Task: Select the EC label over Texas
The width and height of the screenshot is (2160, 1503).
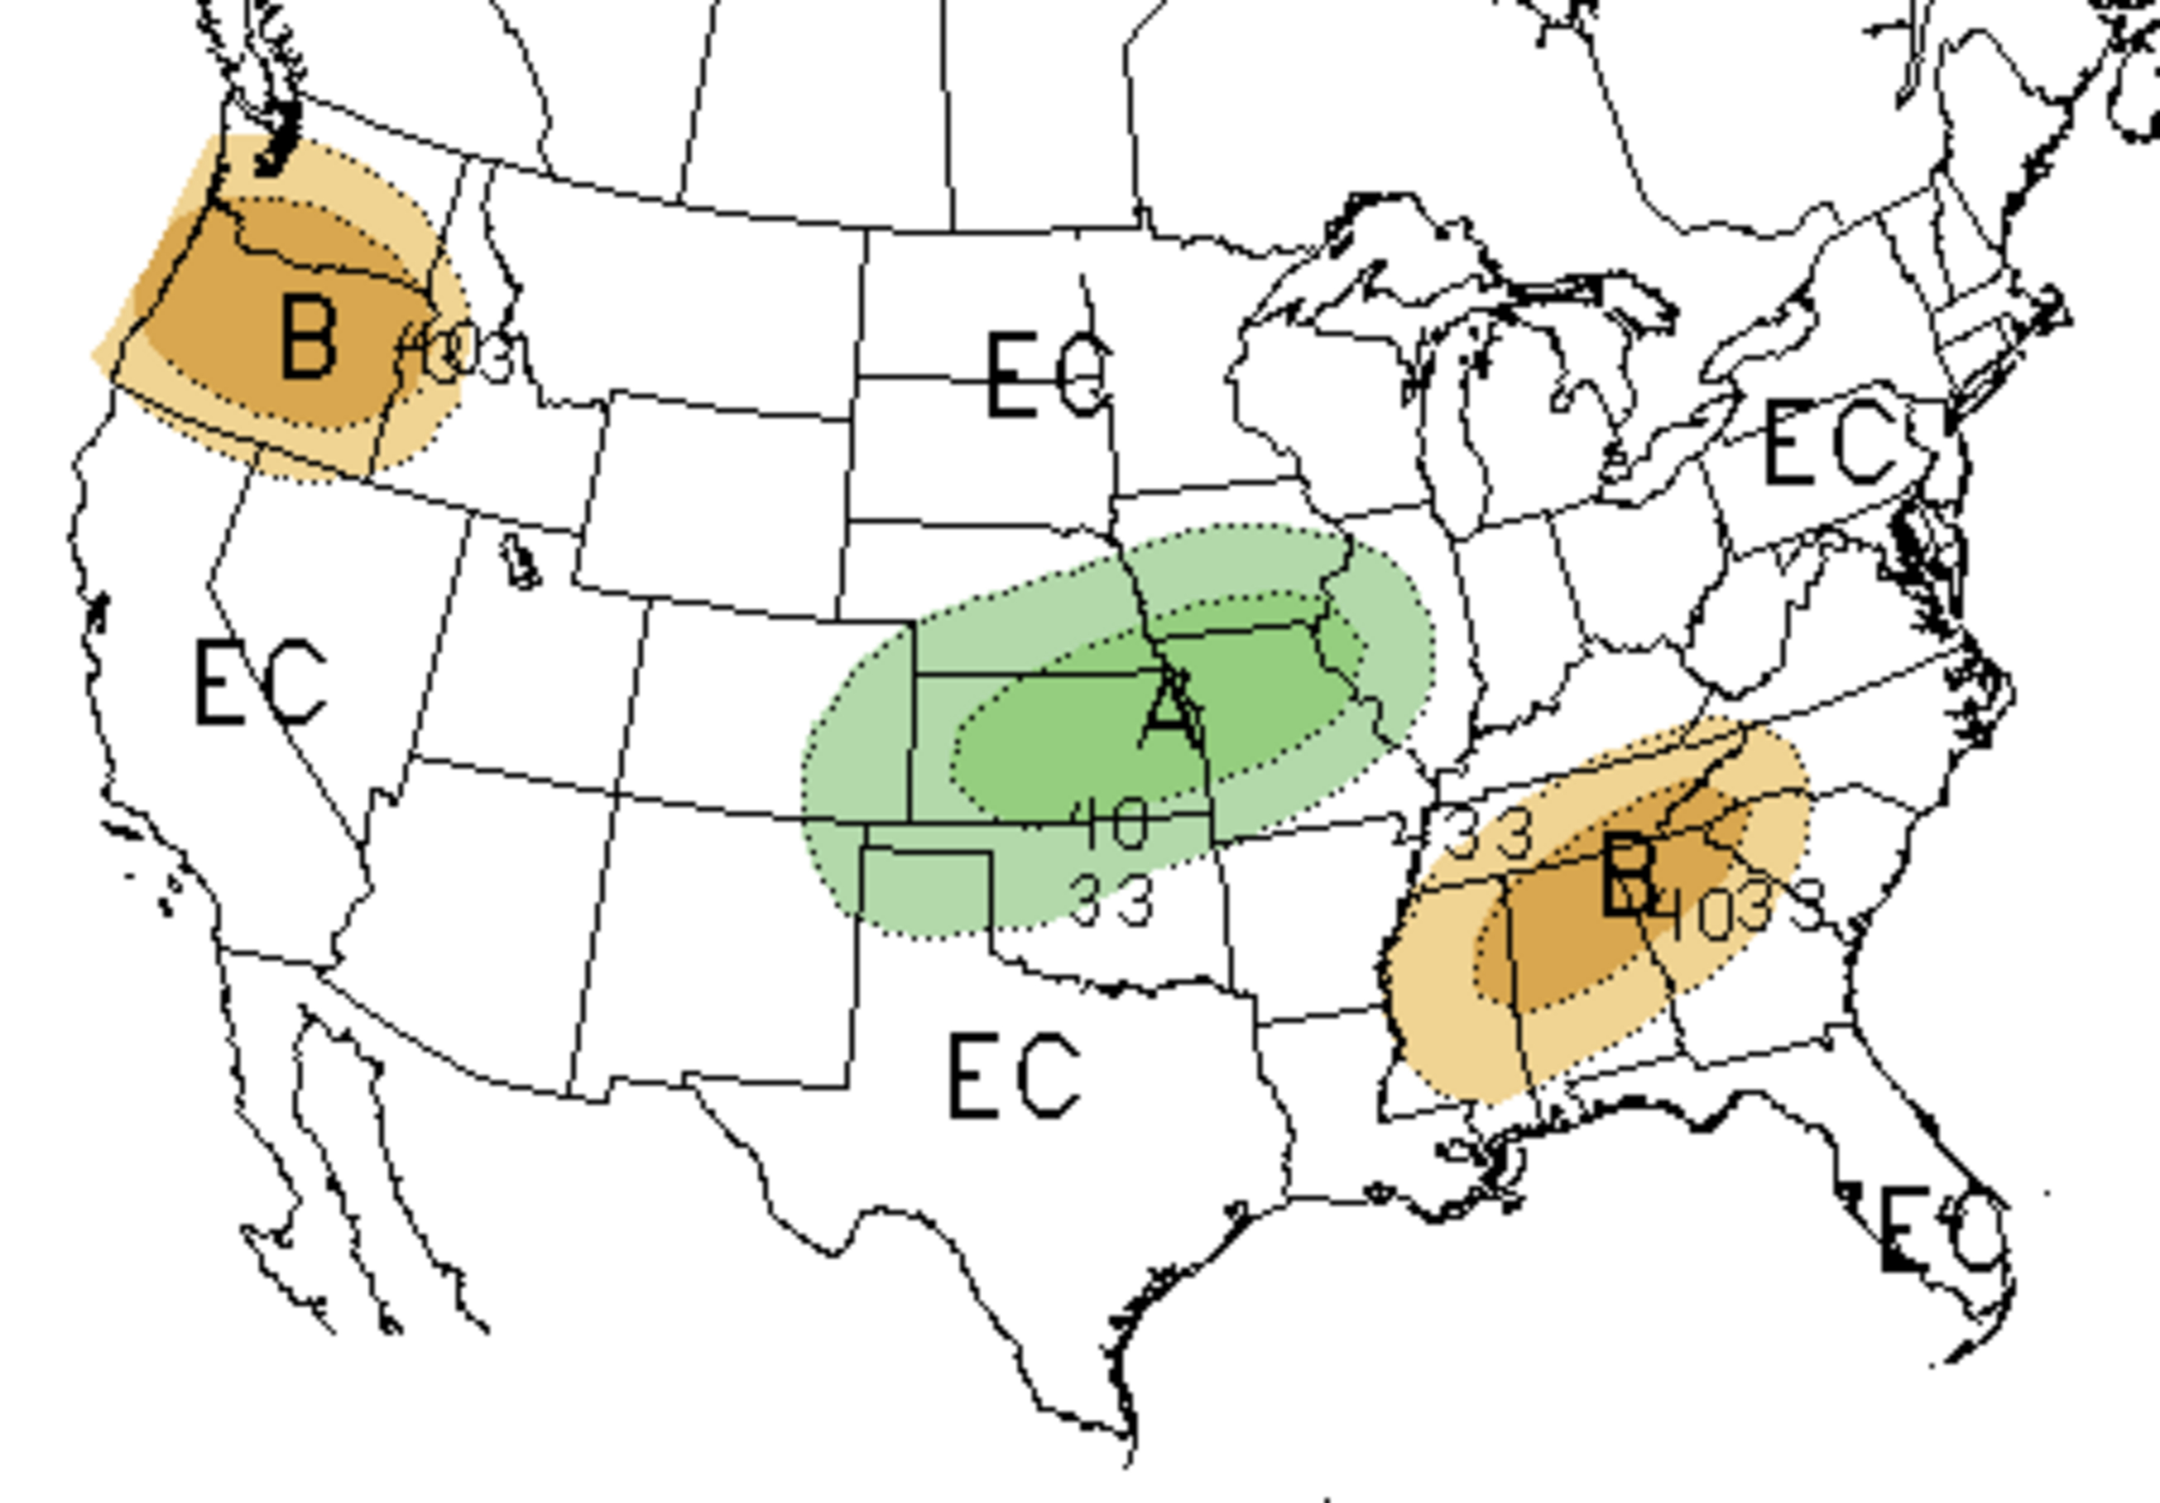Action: click(x=1014, y=1076)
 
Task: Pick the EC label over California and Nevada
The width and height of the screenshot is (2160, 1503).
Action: click(x=260, y=683)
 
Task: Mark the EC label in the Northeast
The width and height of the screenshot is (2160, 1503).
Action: click(x=1830, y=443)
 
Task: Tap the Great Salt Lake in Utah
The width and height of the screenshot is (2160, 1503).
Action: click(x=520, y=565)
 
